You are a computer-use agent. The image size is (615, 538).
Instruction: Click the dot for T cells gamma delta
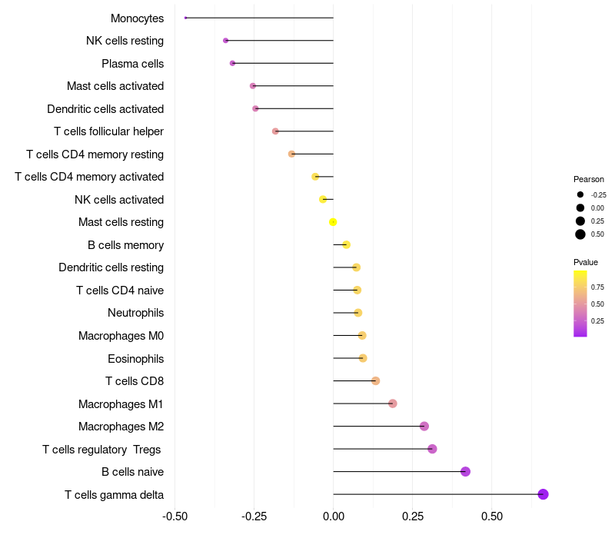[543, 494]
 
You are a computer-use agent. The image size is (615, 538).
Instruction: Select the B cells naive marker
[465, 472]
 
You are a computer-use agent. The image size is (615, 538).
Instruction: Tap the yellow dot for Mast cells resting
[333, 222]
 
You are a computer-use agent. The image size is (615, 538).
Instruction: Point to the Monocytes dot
[186, 18]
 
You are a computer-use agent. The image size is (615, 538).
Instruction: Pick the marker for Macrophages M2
[424, 427]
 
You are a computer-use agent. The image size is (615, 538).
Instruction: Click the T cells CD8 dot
[375, 381]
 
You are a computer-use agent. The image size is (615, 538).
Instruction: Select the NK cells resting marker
[225, 41]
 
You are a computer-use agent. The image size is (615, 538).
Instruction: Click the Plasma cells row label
[132, 64]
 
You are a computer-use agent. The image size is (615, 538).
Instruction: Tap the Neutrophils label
[135, 313]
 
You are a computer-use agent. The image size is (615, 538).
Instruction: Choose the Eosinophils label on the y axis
[135, 359]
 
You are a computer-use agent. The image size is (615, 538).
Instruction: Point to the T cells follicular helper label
[108, 131]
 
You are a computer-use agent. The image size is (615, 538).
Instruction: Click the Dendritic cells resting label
[111, 267]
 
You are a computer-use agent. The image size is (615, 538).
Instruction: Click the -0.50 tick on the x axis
[175, 516]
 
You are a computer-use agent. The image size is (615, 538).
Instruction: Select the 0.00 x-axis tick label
[334, 516]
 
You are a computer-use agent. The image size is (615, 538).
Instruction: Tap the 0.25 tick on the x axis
[412, 516]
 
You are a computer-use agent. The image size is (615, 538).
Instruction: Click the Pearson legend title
[589, 179]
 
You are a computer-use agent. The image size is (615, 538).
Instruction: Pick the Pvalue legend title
[586, 262]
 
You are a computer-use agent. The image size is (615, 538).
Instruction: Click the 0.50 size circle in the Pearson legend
[580, 234]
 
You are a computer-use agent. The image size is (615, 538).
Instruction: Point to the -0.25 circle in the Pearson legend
[580, 194]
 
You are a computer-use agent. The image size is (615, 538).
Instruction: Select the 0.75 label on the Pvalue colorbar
[597, 287]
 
